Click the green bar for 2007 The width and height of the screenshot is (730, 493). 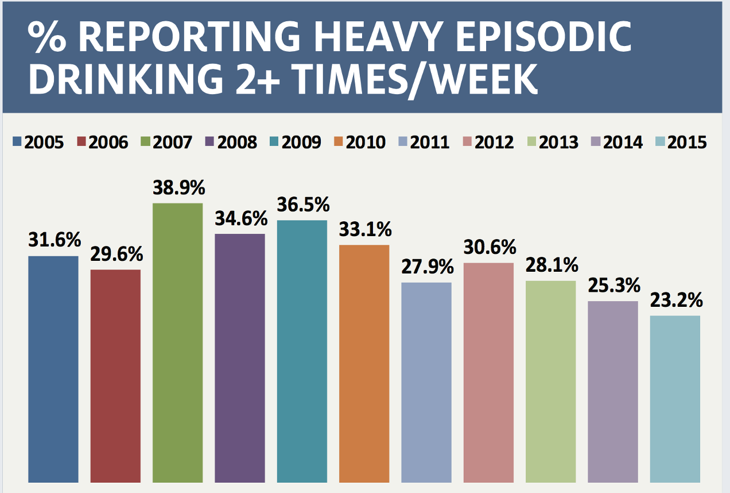177,342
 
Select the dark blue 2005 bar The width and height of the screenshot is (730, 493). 53,368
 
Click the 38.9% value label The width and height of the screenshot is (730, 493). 178,188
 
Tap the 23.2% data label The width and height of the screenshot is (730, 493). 675,301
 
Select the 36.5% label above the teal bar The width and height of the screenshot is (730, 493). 302,205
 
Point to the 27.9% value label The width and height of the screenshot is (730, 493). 427,268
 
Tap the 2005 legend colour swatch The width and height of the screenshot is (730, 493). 17,141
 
